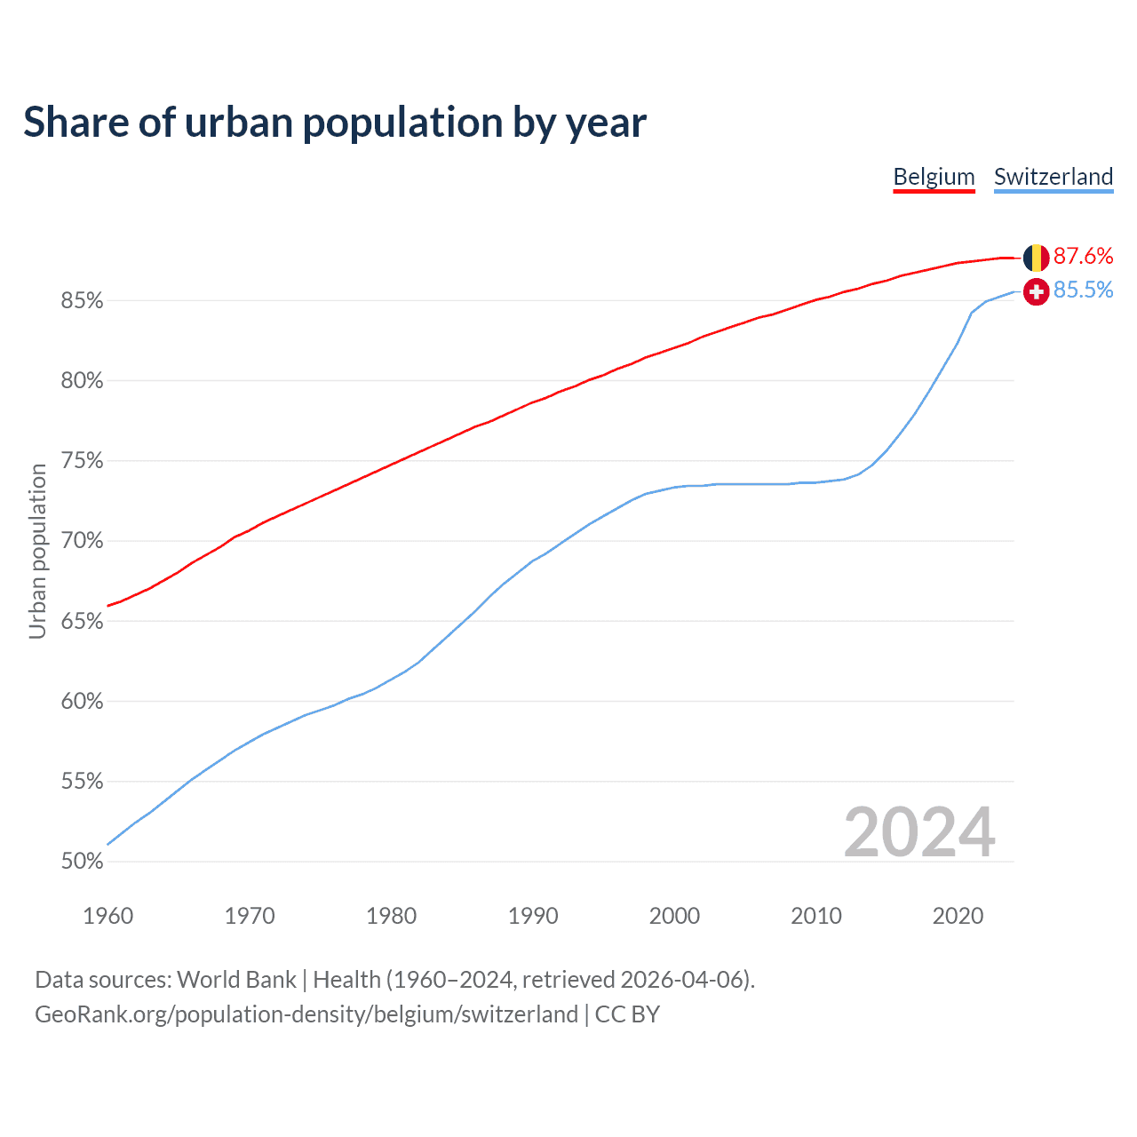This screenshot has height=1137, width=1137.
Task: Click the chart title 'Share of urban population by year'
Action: [x=335, y=123]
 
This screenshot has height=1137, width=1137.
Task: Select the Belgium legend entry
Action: [x=934, y=177]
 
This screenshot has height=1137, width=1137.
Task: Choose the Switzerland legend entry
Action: [x=1054, y=177]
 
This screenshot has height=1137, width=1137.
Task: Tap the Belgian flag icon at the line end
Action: [x=1036, y=258]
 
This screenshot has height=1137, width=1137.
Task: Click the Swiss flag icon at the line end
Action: [x=1036, y=291]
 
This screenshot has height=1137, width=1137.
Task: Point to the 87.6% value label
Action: [x=1083, y=257]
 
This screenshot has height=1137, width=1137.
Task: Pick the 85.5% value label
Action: [x=1083, y=290]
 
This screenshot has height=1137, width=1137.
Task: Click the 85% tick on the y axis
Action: [x=82, y=301]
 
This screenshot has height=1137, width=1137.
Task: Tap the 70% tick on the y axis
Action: [x=82, y=541]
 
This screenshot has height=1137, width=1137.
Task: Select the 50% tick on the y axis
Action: [x=82, y=862]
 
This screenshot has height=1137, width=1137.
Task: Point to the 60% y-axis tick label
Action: [x=82, y=702]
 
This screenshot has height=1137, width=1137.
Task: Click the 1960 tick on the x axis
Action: [x=108, y=916]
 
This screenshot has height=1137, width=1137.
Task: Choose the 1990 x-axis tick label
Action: [x=533, y=916]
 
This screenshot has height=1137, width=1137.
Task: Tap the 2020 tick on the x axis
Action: [x=958, y=916]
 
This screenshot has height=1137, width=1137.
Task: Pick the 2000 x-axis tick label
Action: [x=674, y=916]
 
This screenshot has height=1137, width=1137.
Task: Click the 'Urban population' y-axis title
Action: [x=37, y=551]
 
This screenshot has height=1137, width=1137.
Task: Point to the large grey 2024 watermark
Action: [x=919, y=832]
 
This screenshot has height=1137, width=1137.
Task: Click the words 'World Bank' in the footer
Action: [x=236, y=980]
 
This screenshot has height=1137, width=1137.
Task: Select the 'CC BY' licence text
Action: [x=627, y=1014]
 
